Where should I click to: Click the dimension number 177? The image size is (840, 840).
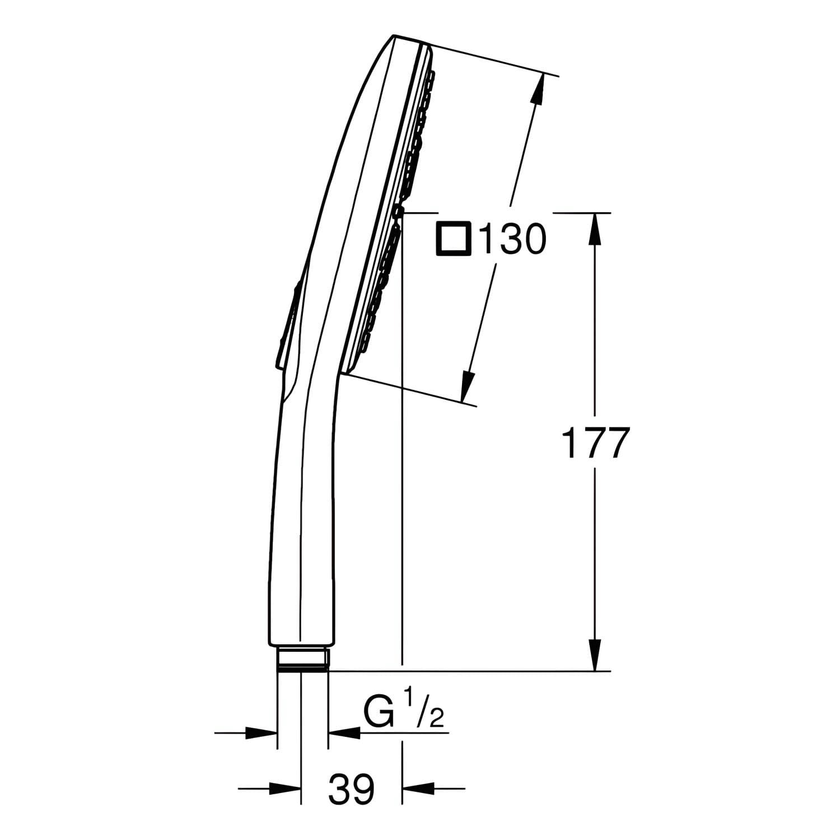(595, 442)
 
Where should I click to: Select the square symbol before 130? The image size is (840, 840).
(454, 239)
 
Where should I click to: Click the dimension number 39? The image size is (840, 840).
(352, 790)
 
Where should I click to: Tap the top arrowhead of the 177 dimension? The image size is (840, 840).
(595, 228)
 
